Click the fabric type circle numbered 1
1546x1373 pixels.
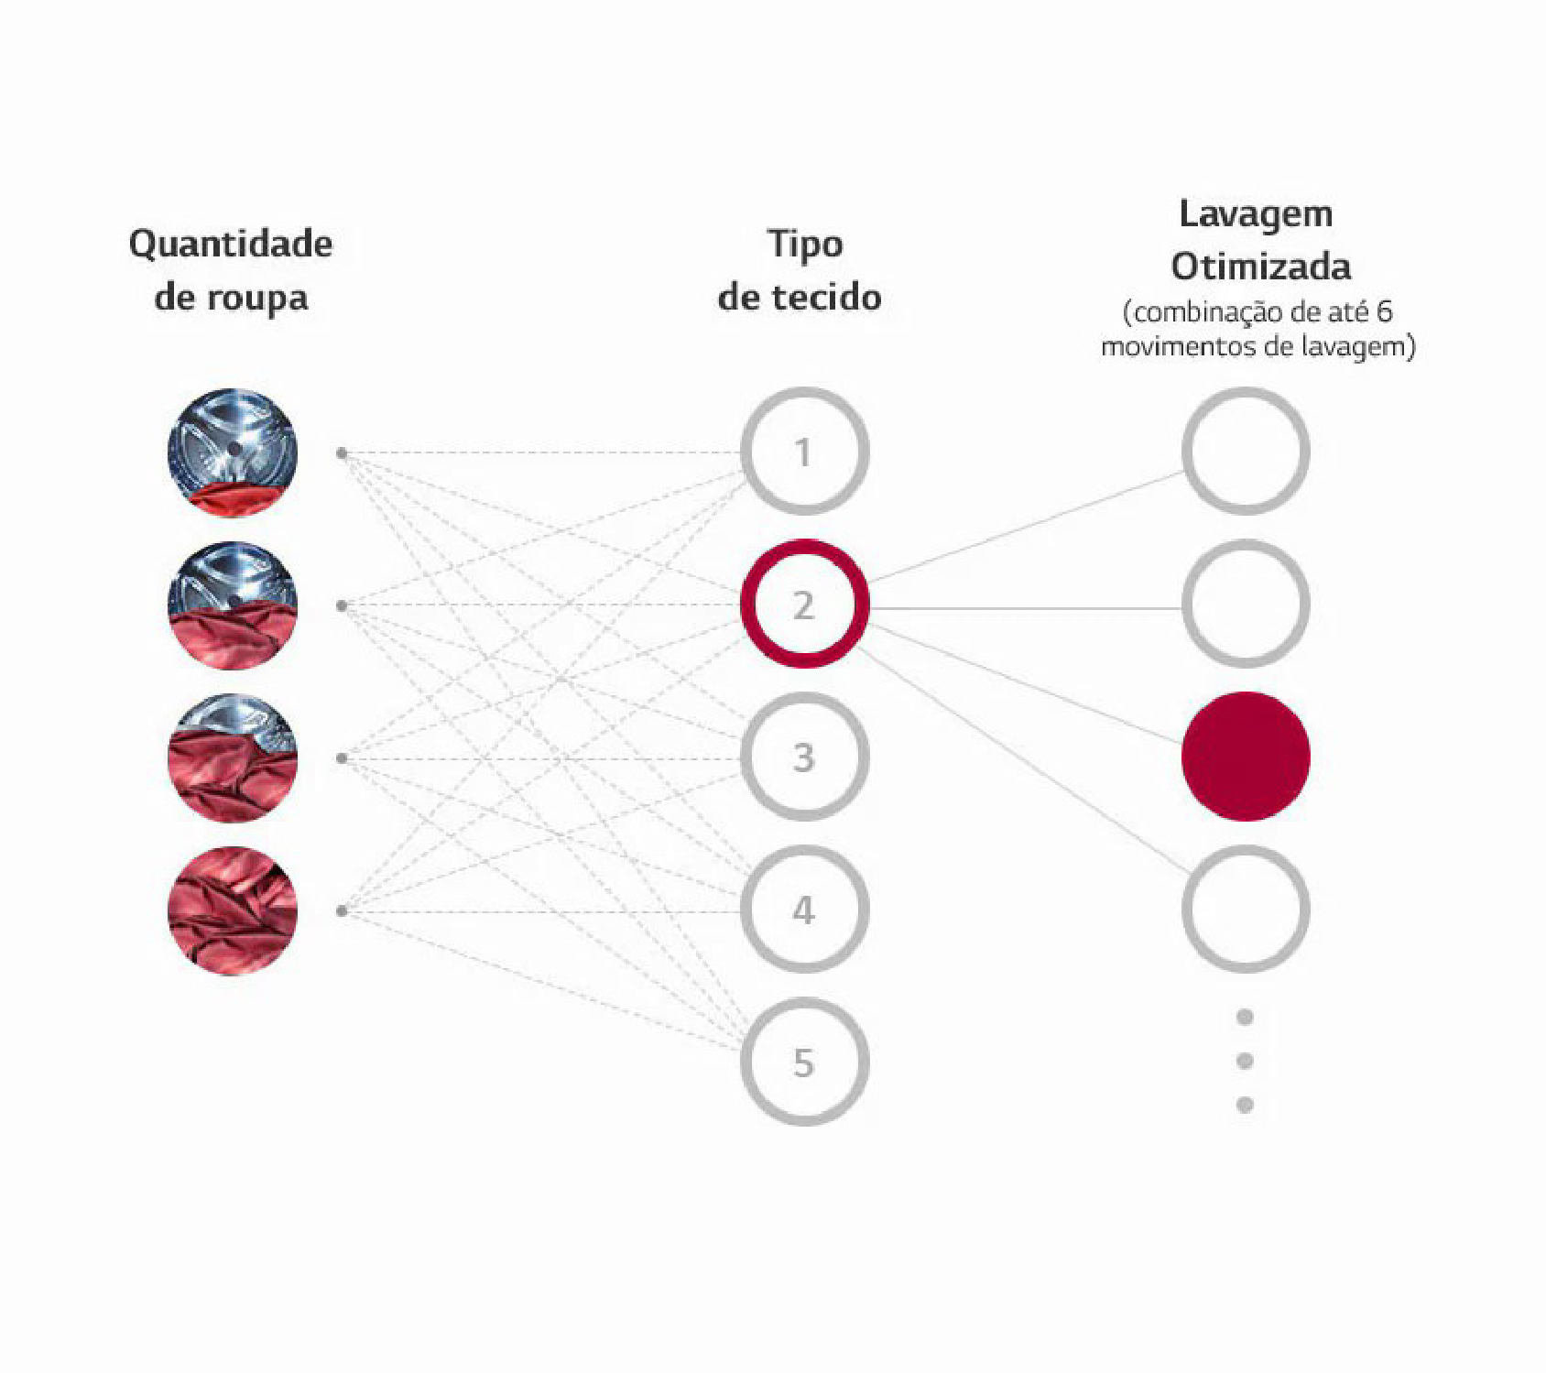[804, 452]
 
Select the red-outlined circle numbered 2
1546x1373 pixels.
[804, 605]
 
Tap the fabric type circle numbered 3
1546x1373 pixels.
[804, 757]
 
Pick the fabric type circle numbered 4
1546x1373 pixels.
[804, 910]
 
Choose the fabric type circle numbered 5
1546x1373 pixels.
[804, 1062]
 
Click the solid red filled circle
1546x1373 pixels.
[1246, 757]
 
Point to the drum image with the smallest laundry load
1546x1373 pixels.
[233, 452]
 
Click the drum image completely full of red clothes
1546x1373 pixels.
[233, 910]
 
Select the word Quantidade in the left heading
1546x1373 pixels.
[231, 245]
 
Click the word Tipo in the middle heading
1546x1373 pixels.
[805, 245]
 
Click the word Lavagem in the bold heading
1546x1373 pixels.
[1256, 214]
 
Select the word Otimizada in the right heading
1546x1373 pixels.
[1261, 267]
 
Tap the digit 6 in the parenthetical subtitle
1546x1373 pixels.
[1384, 312]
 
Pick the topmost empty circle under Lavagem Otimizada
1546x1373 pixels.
[1246, 451]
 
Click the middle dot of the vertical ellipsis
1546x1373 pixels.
[1245, 1061]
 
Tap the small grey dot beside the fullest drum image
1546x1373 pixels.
[342, 910]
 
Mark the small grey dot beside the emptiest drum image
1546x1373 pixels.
[342, 453]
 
